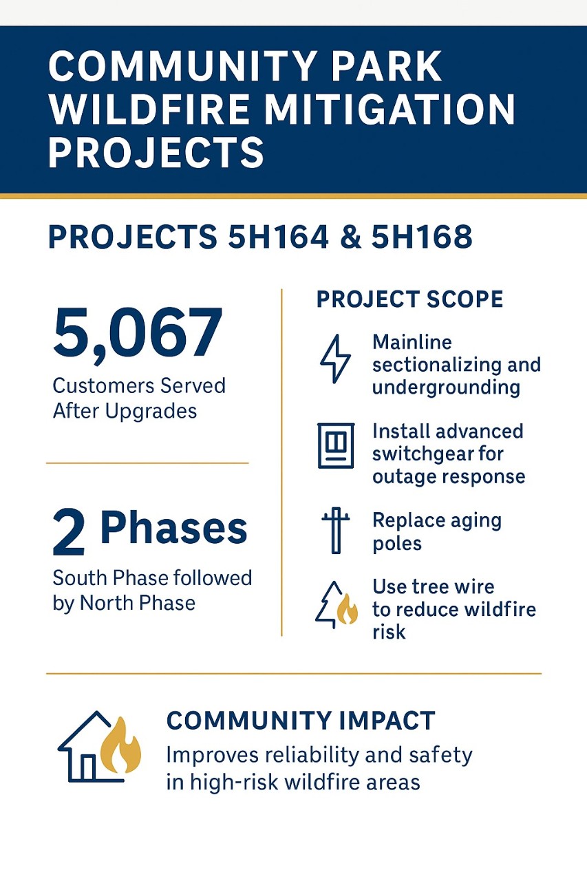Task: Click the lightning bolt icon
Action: [x=334, y=359]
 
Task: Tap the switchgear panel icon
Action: [x=336, y=445]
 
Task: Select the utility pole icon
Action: [x=335, y=531]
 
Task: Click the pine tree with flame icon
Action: [x=337, y=604]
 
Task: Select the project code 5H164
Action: [x=278, y=237]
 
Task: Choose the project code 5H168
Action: [x=422, y=237]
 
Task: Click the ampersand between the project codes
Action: [x=350, y=237]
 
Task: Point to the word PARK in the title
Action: [x=386, y=66]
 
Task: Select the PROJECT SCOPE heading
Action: [x=409, y=299]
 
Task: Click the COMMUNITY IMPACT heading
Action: [x=301, y=721]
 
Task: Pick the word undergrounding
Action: [x=446, y=388]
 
